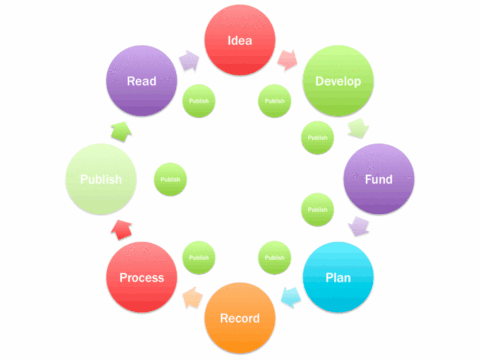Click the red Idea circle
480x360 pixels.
[240, 40]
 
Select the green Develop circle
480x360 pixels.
[338, 81]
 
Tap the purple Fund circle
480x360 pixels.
[379, 179]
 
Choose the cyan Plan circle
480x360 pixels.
[338, 277]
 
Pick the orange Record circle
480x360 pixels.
[240, 318]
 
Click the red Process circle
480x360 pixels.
[142, 277]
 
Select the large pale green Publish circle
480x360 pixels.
[101, 179]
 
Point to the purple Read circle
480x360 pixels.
[142, 81]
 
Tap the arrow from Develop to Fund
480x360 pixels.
[359, 129]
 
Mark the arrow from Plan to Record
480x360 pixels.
[290, 296]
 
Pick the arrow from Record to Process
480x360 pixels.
[193, 298]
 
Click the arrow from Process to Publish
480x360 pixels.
[121, 229]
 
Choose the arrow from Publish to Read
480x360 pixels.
[121, 131]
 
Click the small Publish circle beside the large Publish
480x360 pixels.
[171, 179]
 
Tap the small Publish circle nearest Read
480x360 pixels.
[199, 101]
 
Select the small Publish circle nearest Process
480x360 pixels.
[199, 257]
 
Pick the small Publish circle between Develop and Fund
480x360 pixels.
[317, 137]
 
